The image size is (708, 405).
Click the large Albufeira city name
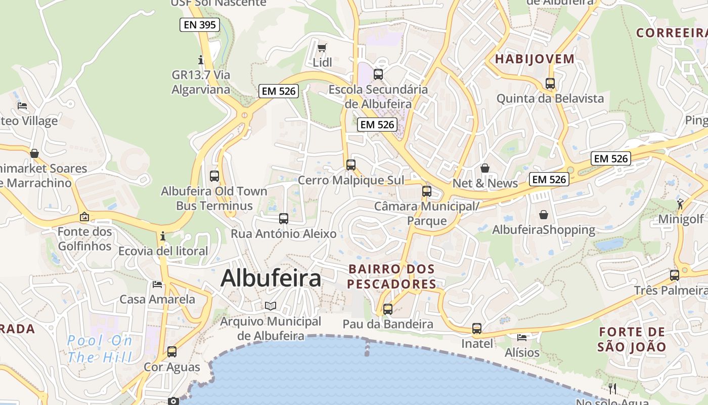[x=271, y=278]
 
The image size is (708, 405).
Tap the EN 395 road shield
[x=200, y=24]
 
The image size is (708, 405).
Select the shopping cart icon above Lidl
[x=322, y=48]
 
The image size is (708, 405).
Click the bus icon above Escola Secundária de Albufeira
[x=378, y=74]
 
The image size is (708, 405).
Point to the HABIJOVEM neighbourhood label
[x=535, y=59]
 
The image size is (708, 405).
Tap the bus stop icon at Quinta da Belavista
[x=550, y=84]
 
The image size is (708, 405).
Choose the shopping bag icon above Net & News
[x=485, y=168]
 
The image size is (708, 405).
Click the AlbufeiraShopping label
[x=544, y=230]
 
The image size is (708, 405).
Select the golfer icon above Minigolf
[x=680, y=204]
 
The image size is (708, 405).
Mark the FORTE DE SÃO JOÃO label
[x=632, y=339]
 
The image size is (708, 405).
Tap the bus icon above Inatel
[x=477, y=329]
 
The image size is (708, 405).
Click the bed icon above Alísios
[x=522, y=337]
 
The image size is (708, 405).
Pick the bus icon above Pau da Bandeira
[x=388, y=309]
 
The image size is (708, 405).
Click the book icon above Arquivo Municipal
[x=271, y=306]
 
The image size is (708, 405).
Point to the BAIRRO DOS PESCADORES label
[x=391, y=276]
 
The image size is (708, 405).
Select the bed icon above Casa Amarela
[x=157, y=285]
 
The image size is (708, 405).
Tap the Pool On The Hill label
[x=100, y=349]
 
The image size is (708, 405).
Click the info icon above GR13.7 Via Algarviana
[x=201, y=60]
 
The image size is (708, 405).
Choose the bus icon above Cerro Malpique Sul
[x=351, y=165]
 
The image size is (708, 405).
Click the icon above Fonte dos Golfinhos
[x=84, y=217]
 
